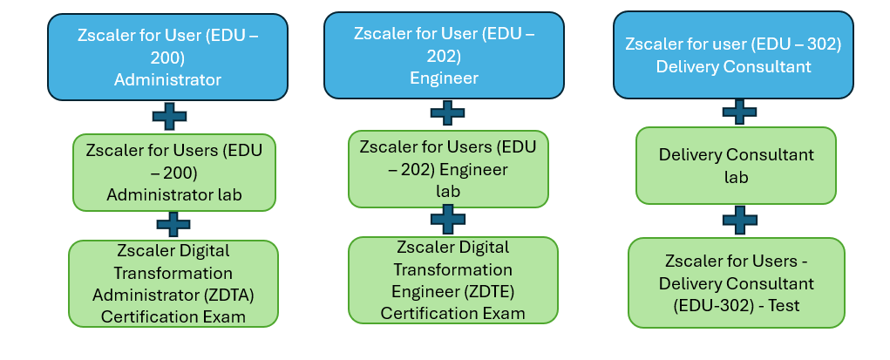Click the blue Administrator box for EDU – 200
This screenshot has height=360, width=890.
168,58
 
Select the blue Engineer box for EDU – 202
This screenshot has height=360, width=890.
444,56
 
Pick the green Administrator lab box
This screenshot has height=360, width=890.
174,172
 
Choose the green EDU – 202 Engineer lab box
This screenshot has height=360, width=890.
448,168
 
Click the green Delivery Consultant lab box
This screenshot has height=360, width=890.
736,166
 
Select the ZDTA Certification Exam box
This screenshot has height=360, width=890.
173,283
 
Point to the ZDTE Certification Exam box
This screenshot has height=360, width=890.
452,280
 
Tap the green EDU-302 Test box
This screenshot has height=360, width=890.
737,283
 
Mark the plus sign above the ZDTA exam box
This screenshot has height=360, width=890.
173,224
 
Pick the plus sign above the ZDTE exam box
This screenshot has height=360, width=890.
448,219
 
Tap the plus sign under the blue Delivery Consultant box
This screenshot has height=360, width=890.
739,111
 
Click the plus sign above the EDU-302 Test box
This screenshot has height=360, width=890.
738,220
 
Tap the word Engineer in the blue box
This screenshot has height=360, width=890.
444,78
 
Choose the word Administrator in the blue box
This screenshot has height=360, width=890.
167,80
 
